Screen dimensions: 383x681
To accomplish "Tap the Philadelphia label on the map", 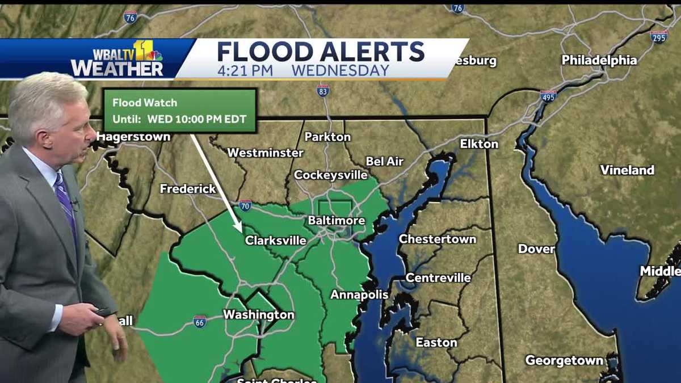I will tap(599, 60).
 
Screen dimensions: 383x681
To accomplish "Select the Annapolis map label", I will tap(359, 294).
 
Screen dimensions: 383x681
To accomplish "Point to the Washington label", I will tap(259, 314).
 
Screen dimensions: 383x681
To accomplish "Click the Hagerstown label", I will tap(133, 137).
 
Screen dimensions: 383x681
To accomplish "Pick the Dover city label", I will tap(536, 249).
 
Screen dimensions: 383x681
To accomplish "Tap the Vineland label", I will tap(627, 170).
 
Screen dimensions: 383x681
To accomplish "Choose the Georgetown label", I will tap(564, 360).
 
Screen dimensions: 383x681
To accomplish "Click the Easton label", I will tap(436, 342).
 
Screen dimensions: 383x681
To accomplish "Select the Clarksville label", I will tap(275, 241).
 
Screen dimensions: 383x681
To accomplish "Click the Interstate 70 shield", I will tap(245, 205).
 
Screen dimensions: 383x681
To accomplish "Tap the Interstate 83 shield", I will tap(323, 90).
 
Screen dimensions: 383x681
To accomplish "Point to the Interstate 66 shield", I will tap(200, 321).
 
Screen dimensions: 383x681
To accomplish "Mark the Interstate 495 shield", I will tap(548, 95).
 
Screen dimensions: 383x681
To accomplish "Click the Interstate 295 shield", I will tap(659, 36).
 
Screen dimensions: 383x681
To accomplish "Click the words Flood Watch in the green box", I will tap(145, 103).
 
